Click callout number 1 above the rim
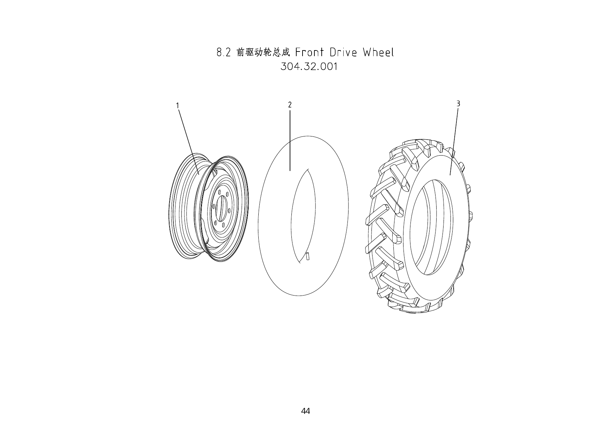[x=178, y=105]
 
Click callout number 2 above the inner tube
[x=290, y=104]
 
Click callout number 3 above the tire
[x=458, y=103]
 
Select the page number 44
[x=305, y=411]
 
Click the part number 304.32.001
[x=309, y=66]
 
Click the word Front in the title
[x=310, y=53]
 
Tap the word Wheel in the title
[x=378, y=53]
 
